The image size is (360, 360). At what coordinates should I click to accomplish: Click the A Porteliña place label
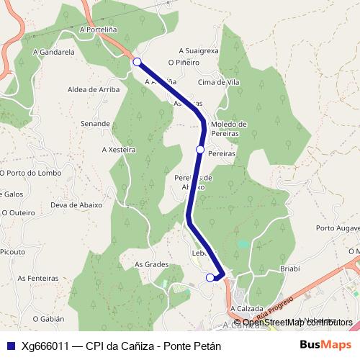click(99, 30)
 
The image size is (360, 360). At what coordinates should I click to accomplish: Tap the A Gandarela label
click(54, 53)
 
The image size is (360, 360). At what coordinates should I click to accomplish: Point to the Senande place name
click(96, 124)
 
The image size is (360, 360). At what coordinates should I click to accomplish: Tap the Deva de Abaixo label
click(75, 204)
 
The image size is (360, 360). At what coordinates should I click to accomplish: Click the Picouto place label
click(12, 252)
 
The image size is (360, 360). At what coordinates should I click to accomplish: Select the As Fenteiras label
click(38, 278)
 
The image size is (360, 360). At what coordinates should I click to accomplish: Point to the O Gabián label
click(48, 318)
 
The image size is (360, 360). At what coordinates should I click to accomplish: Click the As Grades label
click(151, 264)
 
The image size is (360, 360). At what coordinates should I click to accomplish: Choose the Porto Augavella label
click(338, 229)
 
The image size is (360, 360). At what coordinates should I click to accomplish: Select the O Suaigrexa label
click(198, 50)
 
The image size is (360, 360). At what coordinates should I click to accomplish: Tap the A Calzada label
click(247, 309)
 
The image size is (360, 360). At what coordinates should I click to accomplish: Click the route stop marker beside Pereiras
click(200, 149)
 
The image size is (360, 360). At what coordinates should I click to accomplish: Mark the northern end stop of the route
click(137, 62)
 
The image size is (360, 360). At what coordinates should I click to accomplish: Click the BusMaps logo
click(325, 345)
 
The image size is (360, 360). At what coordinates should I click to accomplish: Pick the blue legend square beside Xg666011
click(10, 346)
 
